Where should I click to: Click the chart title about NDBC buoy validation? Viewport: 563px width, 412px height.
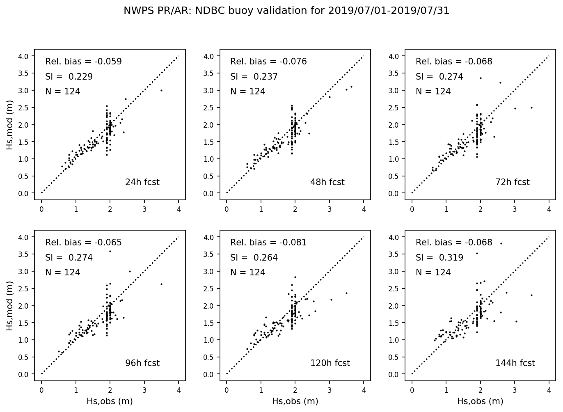click(286, 11)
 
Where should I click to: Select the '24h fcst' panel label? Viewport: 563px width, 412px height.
click(142, 182)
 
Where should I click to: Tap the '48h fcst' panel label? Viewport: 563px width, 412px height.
click(327, 182)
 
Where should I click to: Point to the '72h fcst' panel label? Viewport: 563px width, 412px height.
click(513, 182)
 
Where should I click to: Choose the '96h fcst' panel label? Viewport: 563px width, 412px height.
click(142, 363)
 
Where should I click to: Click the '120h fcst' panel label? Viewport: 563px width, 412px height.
click(330, 363)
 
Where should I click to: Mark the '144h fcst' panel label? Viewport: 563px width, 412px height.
click(515, 363)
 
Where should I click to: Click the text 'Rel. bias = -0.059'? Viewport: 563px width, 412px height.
click(83, 62)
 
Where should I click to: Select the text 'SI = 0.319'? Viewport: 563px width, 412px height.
click(439, 258)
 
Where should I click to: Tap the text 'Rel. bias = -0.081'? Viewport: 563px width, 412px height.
click(268, 243)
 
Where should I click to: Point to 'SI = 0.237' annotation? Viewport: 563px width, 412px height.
click(254, 77)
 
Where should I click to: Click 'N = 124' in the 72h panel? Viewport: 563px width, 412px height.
click(433, 92)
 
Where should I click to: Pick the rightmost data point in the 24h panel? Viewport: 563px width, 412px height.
click(161, 90)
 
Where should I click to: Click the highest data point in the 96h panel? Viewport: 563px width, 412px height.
click(110, 251)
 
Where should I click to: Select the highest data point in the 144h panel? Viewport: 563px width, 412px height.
click(501, 243)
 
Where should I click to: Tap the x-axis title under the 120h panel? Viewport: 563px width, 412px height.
click(295, 401)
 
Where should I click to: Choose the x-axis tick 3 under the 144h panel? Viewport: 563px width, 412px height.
click(515, 388)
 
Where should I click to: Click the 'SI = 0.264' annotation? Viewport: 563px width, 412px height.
click(254, 258)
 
